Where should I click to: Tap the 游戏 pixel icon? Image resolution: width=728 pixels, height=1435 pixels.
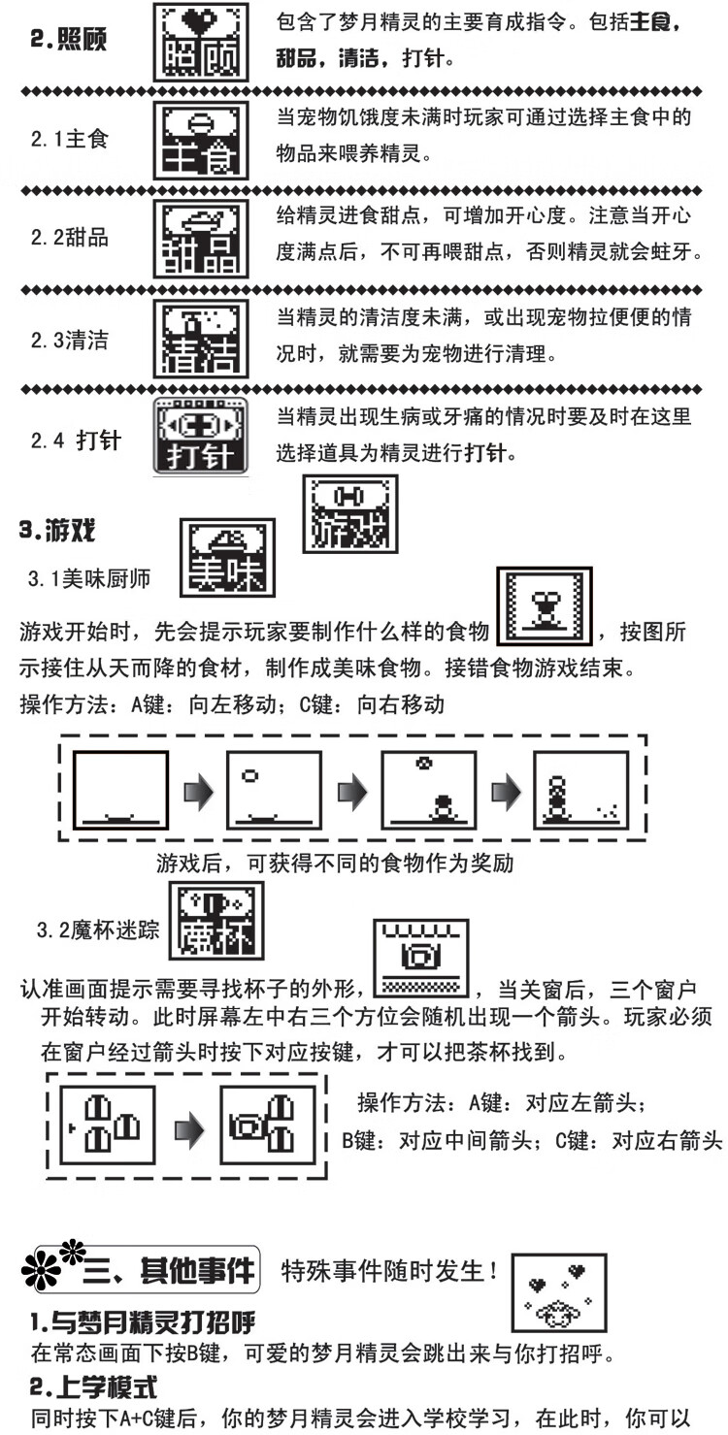[348, 513]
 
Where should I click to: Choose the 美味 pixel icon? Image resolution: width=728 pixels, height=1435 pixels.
[226, 557]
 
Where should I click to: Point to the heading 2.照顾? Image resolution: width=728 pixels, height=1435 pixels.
[67, 40]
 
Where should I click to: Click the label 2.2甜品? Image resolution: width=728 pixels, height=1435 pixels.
[69, 238]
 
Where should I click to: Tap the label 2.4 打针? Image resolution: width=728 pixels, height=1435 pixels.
[75, 440]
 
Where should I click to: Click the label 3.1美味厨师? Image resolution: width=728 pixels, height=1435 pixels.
[88, 580]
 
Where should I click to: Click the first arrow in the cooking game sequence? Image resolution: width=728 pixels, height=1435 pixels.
[198, 792]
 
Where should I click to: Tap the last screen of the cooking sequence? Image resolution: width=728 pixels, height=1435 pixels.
[580, 791]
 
